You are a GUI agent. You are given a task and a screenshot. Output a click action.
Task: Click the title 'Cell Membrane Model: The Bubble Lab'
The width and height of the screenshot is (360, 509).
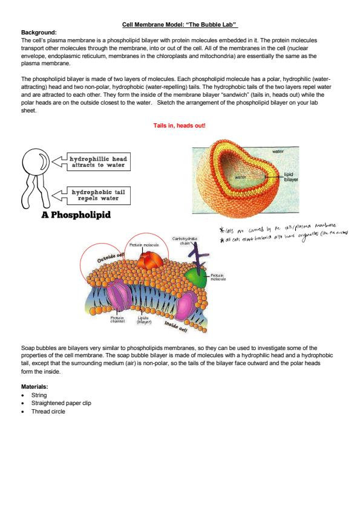coord(180,25)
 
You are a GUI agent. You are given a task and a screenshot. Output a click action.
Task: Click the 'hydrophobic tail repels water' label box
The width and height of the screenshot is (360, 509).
coord(96,195)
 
